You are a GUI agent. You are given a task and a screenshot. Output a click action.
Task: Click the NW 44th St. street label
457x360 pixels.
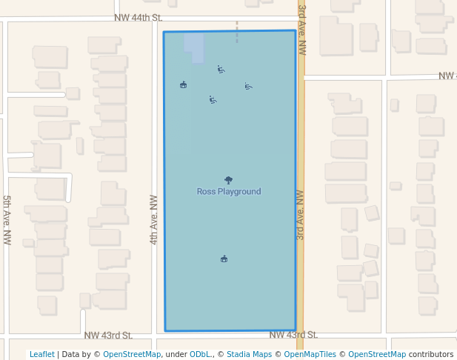[138, 17]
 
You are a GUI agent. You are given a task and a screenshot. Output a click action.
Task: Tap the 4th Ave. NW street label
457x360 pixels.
[154, 219]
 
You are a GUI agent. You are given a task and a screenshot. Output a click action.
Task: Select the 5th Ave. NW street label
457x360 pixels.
[7, 220]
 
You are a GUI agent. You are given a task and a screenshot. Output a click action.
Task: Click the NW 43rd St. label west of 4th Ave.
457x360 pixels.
[108, 336]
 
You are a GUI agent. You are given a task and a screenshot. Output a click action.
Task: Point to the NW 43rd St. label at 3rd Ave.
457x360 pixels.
[293, 335]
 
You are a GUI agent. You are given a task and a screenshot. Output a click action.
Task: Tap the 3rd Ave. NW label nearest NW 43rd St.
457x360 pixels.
[300, 215]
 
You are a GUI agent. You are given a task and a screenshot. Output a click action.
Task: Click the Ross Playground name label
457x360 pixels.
[229, 192]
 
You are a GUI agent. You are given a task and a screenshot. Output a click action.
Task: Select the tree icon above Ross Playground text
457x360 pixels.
[228, 180]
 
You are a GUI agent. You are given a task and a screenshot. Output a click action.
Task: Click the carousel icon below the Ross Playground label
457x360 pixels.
[224, 259]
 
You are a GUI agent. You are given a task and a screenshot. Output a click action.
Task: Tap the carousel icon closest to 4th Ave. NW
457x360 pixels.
[183, 84]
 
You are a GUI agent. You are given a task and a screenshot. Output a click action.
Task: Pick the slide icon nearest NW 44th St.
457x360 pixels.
[221, 69]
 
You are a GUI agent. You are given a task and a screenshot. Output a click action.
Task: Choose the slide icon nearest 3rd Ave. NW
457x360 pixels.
[248, 86]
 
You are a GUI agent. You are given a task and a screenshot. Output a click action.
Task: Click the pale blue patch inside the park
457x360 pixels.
[193, 47]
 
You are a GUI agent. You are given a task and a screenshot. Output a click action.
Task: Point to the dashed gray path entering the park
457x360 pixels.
[237, 32]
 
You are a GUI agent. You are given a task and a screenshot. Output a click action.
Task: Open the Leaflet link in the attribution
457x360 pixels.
[42, 354]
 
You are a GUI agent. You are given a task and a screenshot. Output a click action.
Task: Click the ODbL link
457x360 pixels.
[200, 354]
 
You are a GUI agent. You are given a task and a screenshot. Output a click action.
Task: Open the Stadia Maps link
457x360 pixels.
[249, 354]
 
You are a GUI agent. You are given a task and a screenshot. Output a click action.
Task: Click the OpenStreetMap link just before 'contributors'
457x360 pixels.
[377, 354]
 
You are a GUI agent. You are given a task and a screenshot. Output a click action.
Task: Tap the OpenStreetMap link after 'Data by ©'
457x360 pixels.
[132, 354]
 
